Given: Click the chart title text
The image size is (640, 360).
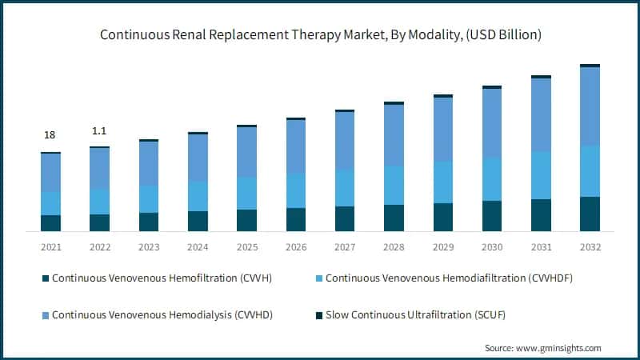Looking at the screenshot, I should click(x=320, y=35).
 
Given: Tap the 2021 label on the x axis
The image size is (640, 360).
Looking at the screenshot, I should click(x=51, y=247).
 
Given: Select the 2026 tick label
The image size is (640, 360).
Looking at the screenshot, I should click(x=296, y=247).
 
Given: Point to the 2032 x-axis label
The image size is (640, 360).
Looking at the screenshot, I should click(x=590, y=247).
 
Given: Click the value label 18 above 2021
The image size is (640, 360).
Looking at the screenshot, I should click(x=50, y=136).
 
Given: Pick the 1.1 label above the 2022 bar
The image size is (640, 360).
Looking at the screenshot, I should click(x=99, y=130).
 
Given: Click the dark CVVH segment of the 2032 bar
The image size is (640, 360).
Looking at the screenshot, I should click(x=590, y=214).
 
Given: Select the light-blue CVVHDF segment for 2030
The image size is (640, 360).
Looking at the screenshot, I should click(x=492, y=179).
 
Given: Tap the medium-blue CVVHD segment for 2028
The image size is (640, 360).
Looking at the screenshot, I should click(x=394, y=135).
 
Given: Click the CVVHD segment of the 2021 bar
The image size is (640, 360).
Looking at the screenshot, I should click(x=51, y=172).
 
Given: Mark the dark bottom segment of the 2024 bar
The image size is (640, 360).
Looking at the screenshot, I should click(x=198, y=221).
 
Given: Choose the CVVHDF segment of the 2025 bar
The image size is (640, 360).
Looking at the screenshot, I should click(x=247, y=193).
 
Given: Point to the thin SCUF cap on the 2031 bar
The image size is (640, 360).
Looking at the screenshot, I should click(x=541, y=77).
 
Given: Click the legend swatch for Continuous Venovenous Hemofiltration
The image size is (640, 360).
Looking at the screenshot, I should click(x=46, y=278).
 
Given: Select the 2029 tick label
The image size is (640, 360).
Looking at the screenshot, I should click(x=443, y=247).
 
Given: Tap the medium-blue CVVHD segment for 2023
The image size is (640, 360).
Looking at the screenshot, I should click(x=149, y=163).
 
